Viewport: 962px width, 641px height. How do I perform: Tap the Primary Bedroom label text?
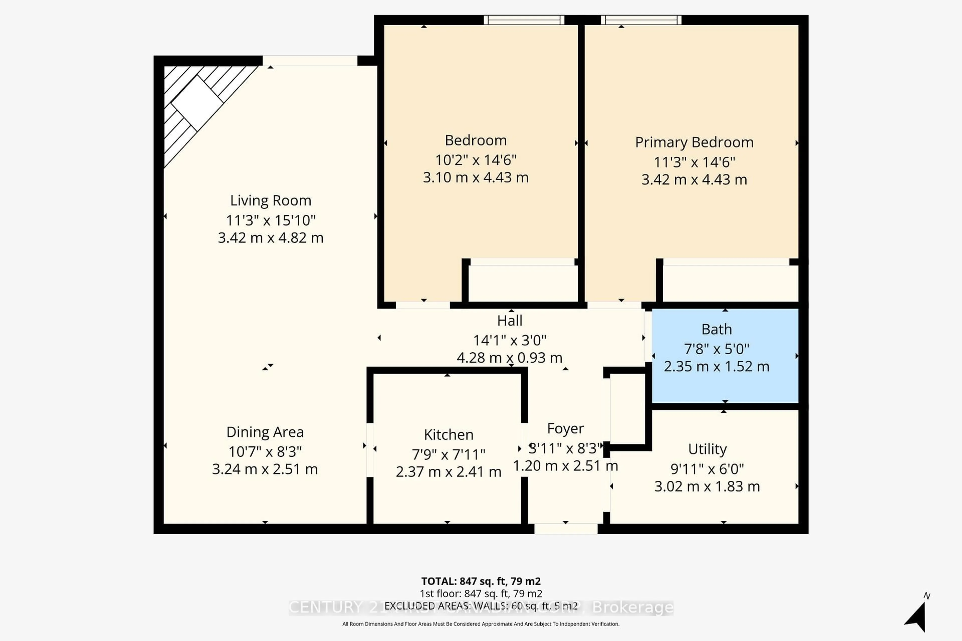click(694, 142)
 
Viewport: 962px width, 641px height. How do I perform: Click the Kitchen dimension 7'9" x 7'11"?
click(448, 454)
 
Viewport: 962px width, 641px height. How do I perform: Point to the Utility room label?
click(707, 449)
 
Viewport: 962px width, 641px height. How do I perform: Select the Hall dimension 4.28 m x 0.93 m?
click(509, 358)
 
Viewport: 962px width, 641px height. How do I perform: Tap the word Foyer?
click(565, 428)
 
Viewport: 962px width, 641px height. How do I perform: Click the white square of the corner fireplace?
click(197, 103)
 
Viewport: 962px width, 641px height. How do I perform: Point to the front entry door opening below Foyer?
click(566, 529)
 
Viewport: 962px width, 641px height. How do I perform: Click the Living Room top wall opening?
click(310, 61)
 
